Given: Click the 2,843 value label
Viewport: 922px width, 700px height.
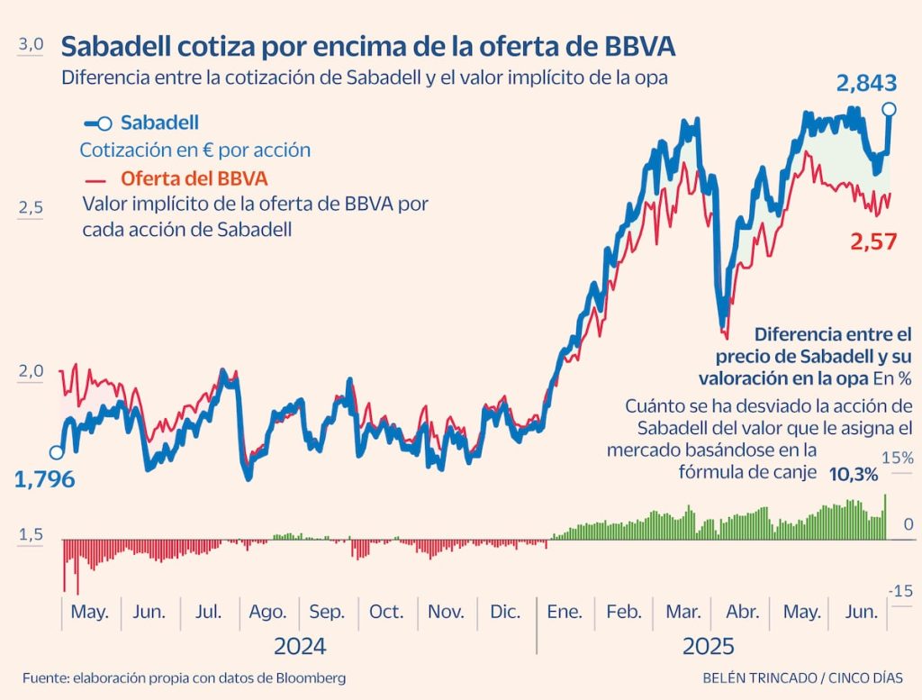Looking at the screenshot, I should [x=866, y=84].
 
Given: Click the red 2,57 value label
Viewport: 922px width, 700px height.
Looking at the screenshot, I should [x=873, y=241].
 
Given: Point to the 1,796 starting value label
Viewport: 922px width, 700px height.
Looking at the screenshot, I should [x=44, y=479].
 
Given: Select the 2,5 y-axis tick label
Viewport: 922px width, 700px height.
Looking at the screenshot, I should [x=32, y=208].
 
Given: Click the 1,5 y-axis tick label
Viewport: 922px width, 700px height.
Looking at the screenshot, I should [x=32, y=535].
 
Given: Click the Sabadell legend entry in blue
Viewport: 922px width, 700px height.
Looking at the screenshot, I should [x=159, y=123].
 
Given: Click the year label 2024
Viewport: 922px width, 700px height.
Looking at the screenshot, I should [x=300, y=646].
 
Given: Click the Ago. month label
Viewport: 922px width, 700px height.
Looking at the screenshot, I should [x=267, y=612].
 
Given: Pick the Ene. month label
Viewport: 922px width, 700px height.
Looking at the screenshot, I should [x=565, y=612].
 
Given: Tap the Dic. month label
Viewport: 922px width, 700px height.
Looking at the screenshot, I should [x=505, y=612].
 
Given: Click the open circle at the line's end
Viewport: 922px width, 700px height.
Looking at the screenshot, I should [x=890, y=110].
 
